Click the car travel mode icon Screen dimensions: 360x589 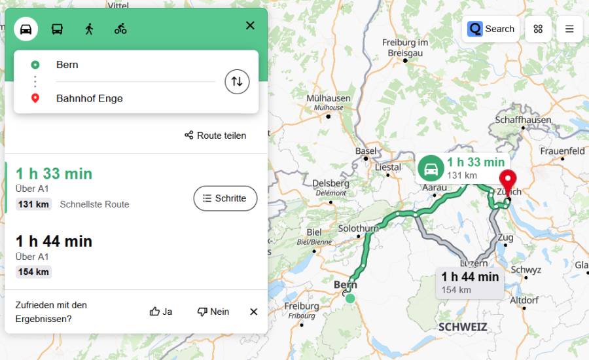pyautogui.click(x=26, y=29)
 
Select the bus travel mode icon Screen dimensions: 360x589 pyautogui.click(x=58, y=29)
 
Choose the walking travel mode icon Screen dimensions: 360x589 pyautogui.click(x=89, y=29)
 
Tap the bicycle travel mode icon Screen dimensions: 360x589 pyautogui.click(x=120, y=29)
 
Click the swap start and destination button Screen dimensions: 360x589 pyautogui.click(x=237, y=82)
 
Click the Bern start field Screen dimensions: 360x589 pyautogui.click(x=131, y=65)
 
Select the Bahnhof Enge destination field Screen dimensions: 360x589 pyautogui.click(x=131, y=99)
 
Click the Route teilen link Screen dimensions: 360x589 pyautogui.click(x=215, y=135)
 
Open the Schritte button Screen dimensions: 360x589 pyautogui.click(x=225, y=198)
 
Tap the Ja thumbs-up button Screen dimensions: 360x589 pyautogui.click(x=161, y=312)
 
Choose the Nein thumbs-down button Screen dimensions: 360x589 pyautogui.click(x=213, y=312)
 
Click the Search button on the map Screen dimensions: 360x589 pyautogui.click(x=491, y=29)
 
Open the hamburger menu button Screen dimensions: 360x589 pyautogui.click(x=569, y=29)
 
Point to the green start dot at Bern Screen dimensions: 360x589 pyautogui.click(x=350, y=298)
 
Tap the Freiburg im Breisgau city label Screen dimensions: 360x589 pyautogui.click(x=405, y=47)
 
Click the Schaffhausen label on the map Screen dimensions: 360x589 pyautogui.click(x=523, y=120)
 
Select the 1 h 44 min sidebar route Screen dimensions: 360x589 pyautogui.click(x=54, y=241)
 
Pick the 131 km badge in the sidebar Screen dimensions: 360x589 pyautogui.click(x=34, y=204)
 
